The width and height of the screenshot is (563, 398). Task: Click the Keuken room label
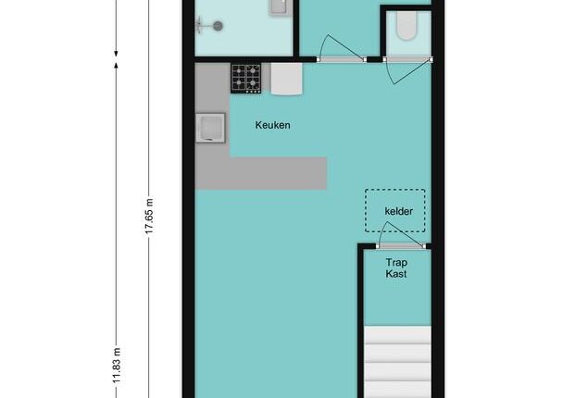(x=272, y=125)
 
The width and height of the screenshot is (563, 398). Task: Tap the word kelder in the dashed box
(x=398, y=211)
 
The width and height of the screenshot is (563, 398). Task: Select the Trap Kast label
(x=396, y=268)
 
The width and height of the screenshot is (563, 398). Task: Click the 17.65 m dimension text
(x=149, y=216)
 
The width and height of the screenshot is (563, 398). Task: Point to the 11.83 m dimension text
(x=117, y=366)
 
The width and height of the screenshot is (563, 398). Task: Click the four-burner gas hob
(x=246, y=79)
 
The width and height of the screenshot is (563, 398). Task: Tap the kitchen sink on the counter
(x=210, y=128)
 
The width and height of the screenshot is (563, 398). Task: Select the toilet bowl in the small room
(x=407, y=26)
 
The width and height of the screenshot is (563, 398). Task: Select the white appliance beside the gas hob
(x=286, y=79)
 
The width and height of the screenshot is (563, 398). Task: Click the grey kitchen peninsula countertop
(x=260, y=173)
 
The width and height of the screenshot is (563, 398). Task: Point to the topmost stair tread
(x=397, y=335)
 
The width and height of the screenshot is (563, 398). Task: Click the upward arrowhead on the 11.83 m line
(x=116, y=65)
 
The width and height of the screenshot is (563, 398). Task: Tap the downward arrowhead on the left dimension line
(x=116, y=54)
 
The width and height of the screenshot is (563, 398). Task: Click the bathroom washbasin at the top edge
(x=279, y=6)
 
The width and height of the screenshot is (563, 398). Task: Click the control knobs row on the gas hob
(x=253, y=92)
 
